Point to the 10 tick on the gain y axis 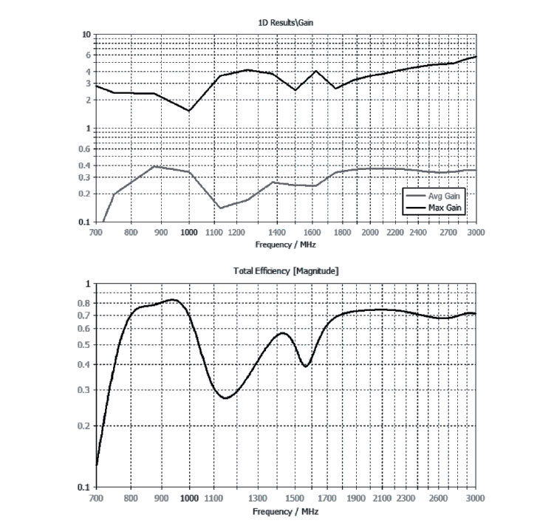coord(86,35)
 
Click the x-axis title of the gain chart coord(286,244)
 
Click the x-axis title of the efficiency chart coord(286,511)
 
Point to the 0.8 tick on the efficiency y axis coord(85,303)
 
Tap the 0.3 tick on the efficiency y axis coord(85,390)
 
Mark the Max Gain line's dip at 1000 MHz coord(189,111)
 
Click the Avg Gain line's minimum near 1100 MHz coord(220,208)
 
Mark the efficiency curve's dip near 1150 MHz coord(225,398)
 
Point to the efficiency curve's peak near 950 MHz coord(173,299)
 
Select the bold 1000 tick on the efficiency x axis coord(189,499)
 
